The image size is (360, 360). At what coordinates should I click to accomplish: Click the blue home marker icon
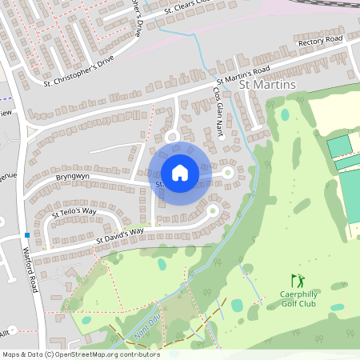(x=180, y=172)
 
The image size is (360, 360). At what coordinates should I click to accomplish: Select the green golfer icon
(x=298, y=281)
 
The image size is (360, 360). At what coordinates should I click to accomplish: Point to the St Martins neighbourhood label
(x=269, y=85)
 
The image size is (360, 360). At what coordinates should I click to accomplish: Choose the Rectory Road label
(x=319, y=41)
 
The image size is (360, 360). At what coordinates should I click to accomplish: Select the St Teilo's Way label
(x=74, y=213)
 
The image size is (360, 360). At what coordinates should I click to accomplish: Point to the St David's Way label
(x=120, y=235)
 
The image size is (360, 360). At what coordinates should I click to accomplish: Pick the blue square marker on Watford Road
(x=27, y=235)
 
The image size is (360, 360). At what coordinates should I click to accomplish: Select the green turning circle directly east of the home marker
(x=228, y=172)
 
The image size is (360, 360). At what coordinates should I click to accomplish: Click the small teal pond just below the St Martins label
(x=285, y=114)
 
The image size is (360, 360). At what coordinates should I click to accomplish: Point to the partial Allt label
(x=4, y=331)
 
